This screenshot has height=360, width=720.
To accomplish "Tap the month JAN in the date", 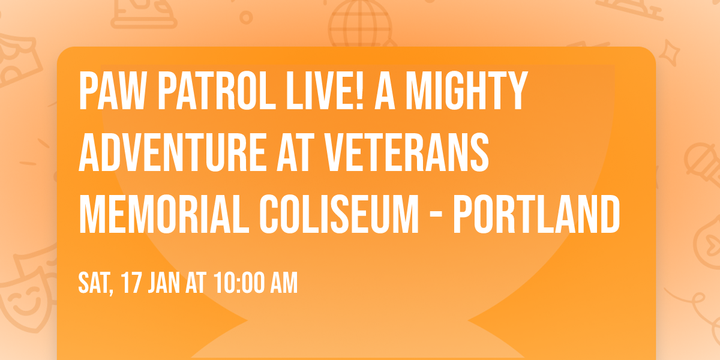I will click(x=166, y=283).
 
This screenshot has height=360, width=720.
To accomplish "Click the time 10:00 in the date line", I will click(x=234, y=283).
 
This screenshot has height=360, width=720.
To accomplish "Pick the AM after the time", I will click(x=282, y=283).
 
